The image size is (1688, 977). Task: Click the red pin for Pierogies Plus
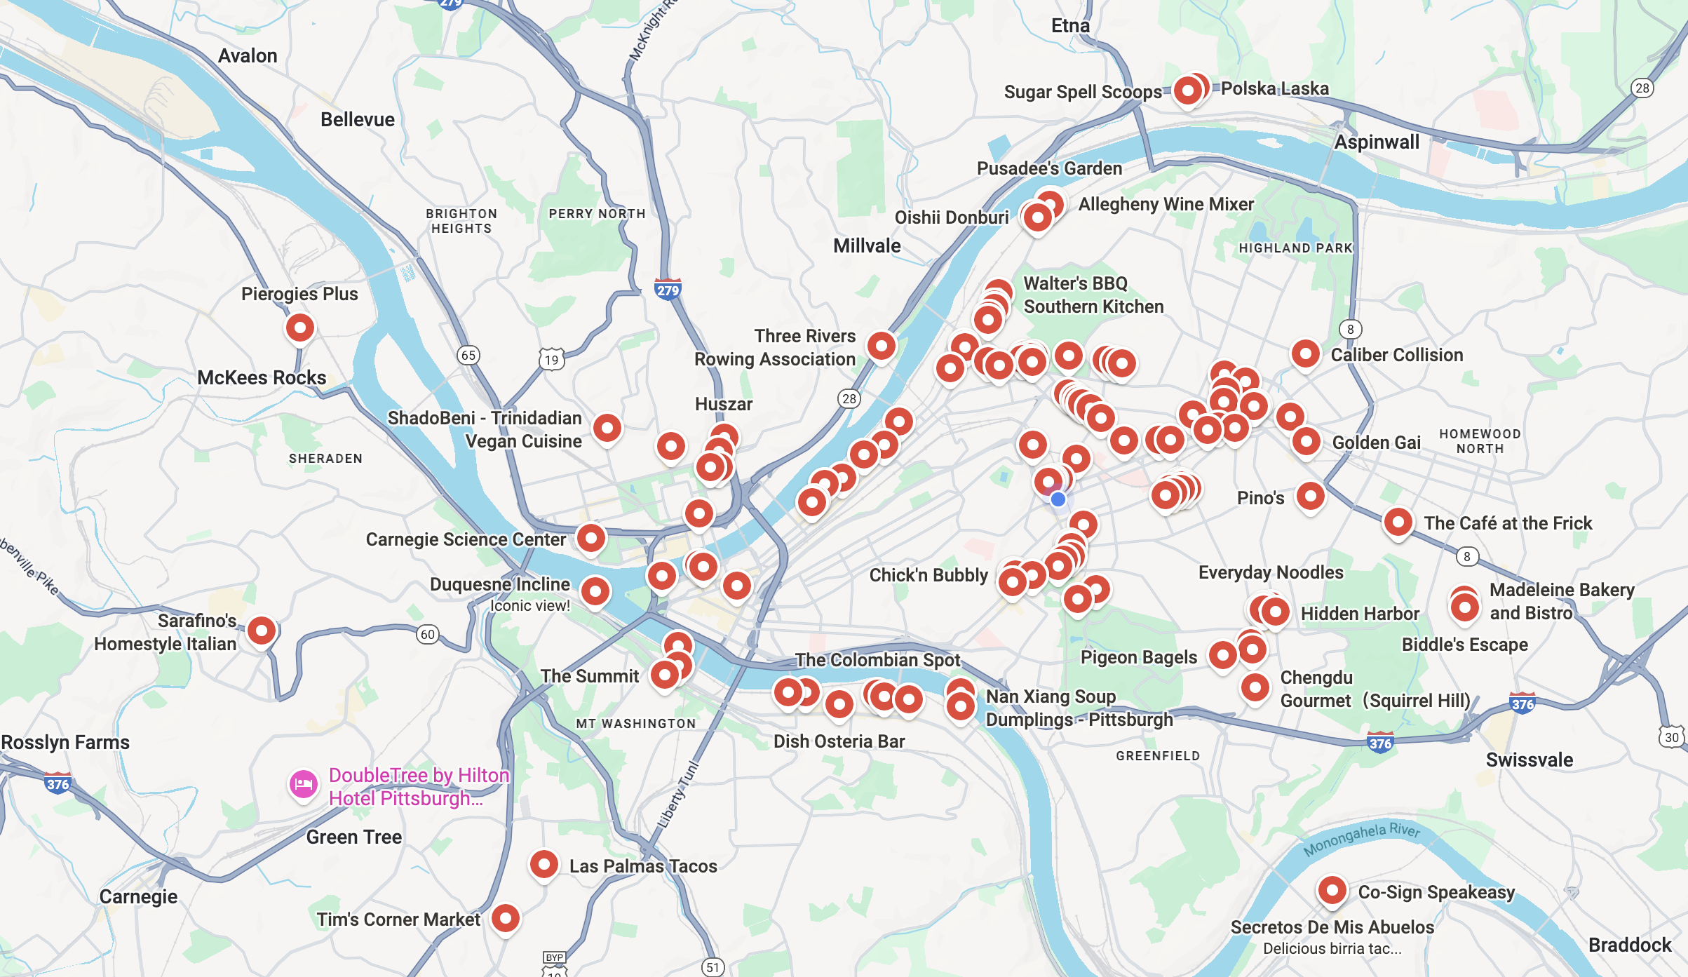[299, 328]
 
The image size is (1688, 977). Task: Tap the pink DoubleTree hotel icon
[304, 784]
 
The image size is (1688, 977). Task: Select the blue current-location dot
[1058, 499]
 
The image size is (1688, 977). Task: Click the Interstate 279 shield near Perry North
[668, 289]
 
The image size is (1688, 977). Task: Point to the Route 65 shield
[468, 355]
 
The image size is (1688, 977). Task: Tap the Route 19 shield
[552, 360]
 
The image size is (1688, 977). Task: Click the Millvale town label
[867, 246]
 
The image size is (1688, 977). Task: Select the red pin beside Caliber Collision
[1305, 353]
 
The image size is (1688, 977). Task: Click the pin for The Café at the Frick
[1398, 523]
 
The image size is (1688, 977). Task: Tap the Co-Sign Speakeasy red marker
[1332, 890]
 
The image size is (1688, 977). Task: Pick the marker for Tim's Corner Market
[505, 917]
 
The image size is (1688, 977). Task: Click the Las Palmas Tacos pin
[543, 864]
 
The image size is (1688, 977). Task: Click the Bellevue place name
[358, 120]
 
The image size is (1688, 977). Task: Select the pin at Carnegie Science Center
[590, 538]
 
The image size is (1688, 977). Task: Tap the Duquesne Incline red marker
[595, 591]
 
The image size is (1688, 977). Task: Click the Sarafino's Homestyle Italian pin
[262, 631]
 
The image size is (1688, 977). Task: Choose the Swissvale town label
[1529, 760]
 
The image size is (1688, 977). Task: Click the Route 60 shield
[427, 635]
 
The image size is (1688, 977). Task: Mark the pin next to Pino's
[1310, 496]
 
